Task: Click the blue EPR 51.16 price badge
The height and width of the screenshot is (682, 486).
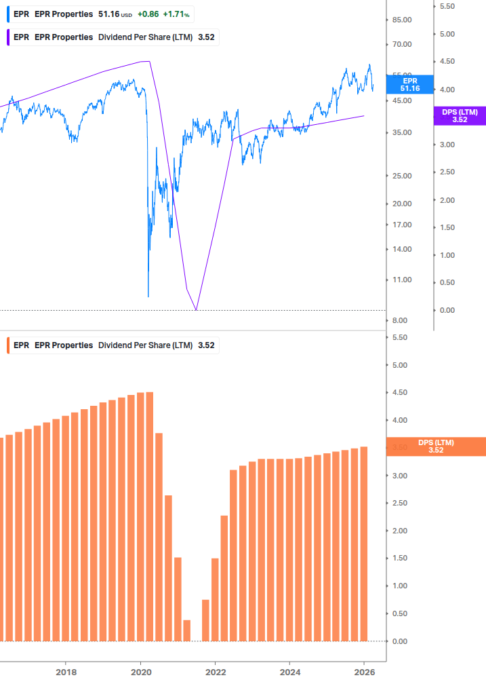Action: (x=410, y=84)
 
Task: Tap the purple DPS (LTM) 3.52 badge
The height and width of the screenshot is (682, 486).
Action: (x=460, y=115)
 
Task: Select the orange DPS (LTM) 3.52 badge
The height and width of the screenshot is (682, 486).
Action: (x=435, y=446)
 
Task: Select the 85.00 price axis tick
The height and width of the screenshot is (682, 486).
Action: (x=402, y=20)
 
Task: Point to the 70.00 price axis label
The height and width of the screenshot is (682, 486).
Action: (x=402, y=45)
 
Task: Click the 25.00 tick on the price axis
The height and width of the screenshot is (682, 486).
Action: (x=402, y=176)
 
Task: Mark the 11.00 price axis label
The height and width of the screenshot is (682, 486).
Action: (x=402, y=280)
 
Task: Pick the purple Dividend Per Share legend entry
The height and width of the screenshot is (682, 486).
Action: (x=111, y=37)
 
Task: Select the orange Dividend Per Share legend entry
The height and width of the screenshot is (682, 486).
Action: (x=111, y=345)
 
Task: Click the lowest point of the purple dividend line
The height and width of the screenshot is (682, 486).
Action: (x=196, y=309)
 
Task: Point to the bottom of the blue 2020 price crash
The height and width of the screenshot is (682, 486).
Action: (x=148, y=296)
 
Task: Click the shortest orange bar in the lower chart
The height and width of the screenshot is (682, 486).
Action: (x=187, y=630)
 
